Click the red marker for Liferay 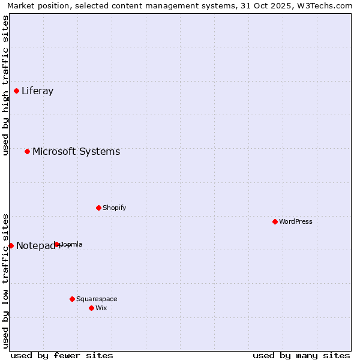(17, 91)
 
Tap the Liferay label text (37, 91)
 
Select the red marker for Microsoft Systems (28, 151)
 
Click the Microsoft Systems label (76, 151)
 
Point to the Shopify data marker (98, 208)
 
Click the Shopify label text (114, 208)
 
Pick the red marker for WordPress (275, 222)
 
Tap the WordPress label (295, 222)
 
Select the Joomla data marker (57, 245)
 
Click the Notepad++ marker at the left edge (11, 245)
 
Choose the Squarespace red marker (72, 299)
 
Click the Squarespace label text (97, 299)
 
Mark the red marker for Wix (91, 308)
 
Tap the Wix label (101, 308)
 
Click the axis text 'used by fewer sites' (62, 355)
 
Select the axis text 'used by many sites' (301, 355)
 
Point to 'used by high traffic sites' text (5, 85)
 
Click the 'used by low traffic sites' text (5, 280)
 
